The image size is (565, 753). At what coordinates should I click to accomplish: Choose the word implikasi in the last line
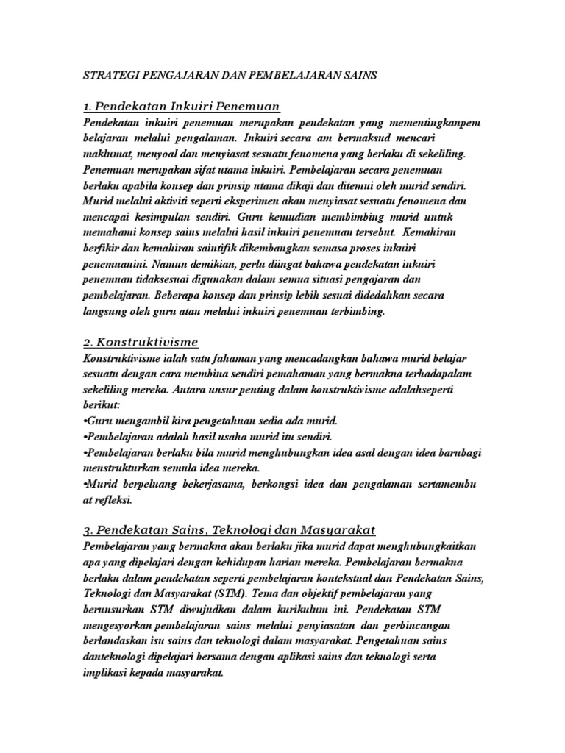pos(108,673)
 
